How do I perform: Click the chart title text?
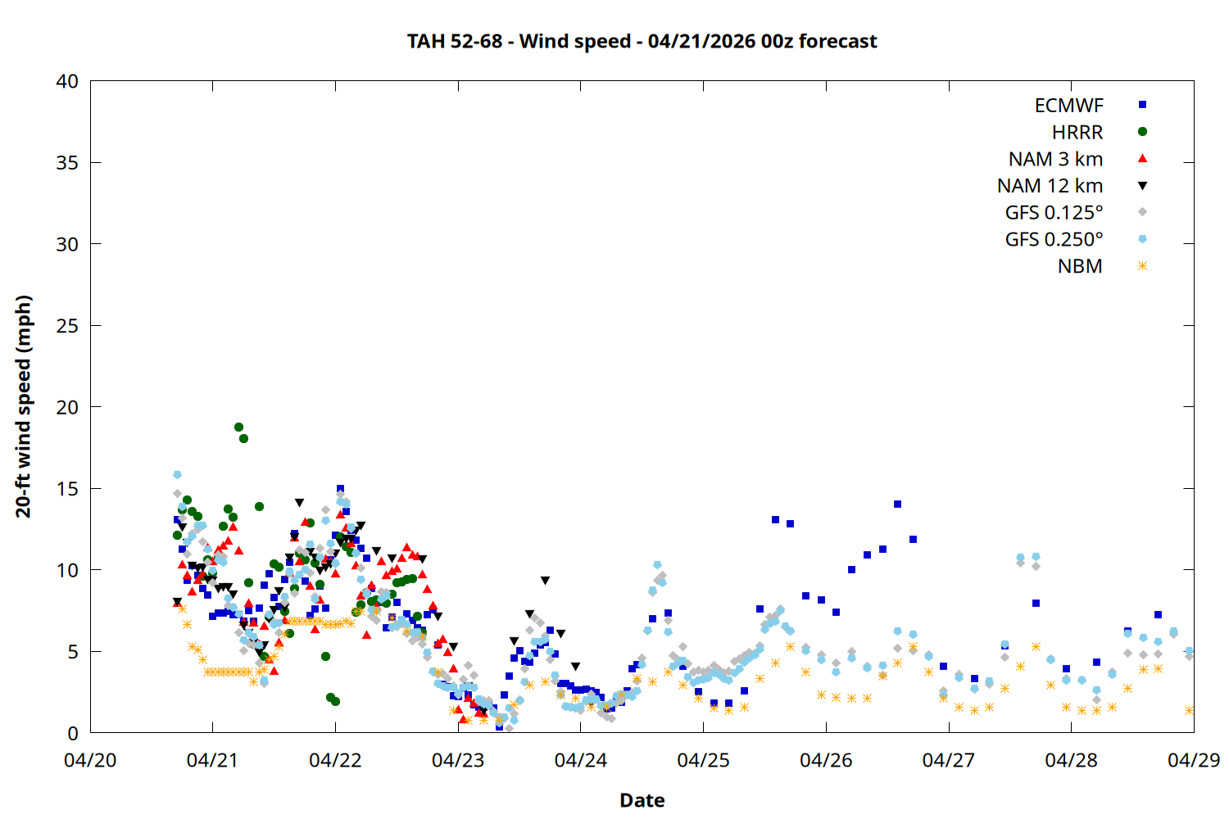tap(642, 41)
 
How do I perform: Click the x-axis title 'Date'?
tap(642, 800)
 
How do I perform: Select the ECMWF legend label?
tap(1068, 106)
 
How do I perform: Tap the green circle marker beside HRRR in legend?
tap(1142, 132)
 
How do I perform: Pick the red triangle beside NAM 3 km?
tap(1142, 159)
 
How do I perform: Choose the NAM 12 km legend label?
tap(1050, 186)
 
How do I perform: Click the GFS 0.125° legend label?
tap(1054, 213)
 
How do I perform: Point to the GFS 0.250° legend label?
tap(1054, 240)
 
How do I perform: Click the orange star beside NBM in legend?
tap(1142, 266)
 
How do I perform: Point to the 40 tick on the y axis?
tap(67, 81)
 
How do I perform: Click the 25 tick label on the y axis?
tap(67, 326)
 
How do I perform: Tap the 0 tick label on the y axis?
tap(73, 733)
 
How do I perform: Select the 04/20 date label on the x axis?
tap(90, 760)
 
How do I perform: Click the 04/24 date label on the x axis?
tap(580, 760)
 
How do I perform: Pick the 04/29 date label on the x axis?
tap(1193, 760)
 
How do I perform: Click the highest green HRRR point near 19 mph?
tap(238, 427)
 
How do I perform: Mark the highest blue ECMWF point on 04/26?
tap(897, 505)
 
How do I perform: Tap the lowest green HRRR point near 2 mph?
tap(335, 701)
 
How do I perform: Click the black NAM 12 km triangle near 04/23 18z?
tap(545, 581)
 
